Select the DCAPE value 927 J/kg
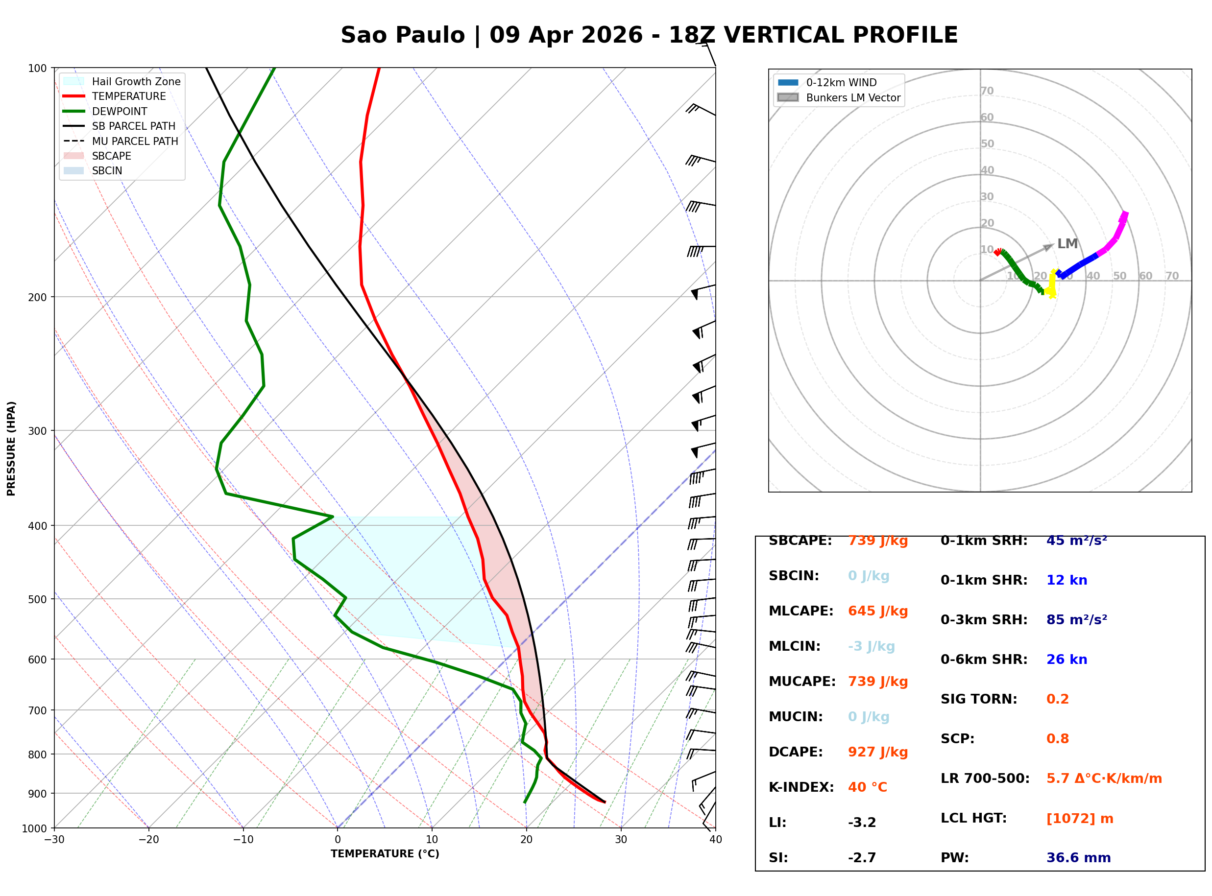(877, 752)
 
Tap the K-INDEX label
(801, 787)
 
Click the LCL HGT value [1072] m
(1079, 819)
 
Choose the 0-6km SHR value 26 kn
(1066, 660)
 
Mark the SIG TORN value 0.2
(1057, 699)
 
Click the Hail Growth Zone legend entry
(136, 82)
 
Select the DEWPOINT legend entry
(120, 112)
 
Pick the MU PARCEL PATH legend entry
(135, 141)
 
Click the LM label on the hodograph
(1067, 244)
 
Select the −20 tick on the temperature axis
(148, 840)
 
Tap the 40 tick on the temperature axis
(715, 840)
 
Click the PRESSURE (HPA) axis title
(11, 448)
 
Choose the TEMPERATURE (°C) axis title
(385, 854)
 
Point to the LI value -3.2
(862, 823)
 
